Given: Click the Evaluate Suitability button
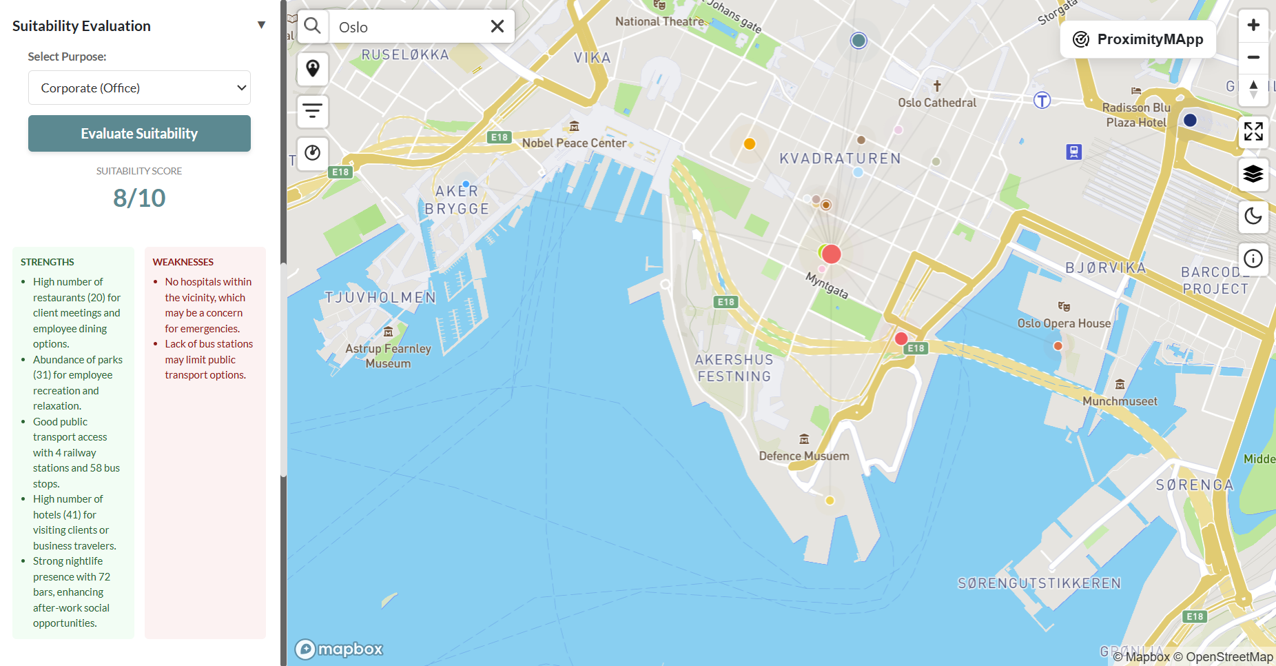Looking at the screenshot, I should click(x=139, y=134).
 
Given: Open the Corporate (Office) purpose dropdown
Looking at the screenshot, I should click(x=139, y=88).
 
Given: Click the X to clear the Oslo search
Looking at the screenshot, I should click(x=497, y=27).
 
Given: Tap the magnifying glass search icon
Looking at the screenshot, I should click(x=313, y=26).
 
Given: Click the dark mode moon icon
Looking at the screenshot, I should click(x=1253, y=216).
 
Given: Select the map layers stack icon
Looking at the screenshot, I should click(x=1253, y=174).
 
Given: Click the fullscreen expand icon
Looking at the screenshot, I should click(x=1253, y=131).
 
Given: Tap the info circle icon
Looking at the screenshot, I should click(x=1253, y=259).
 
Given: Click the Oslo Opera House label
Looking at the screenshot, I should click(x=1064, y=323).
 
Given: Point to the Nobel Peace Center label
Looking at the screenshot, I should click(x=574, y=143).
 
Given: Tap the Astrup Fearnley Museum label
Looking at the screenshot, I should click(x=388, y=356).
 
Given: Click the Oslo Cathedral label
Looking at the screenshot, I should click(x=937, y=103).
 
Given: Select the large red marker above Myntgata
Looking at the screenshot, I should click(x=832, y=254).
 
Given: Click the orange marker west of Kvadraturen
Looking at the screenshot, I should click(x=750, y=143).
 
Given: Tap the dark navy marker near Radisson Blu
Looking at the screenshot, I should click(x=1190, y=120).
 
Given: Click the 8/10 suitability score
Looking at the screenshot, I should click(x=139, y=199).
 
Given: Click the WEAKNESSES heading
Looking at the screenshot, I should click(x=183, y=262).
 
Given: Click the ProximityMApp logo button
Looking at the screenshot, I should click(x=1138, y=39).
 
